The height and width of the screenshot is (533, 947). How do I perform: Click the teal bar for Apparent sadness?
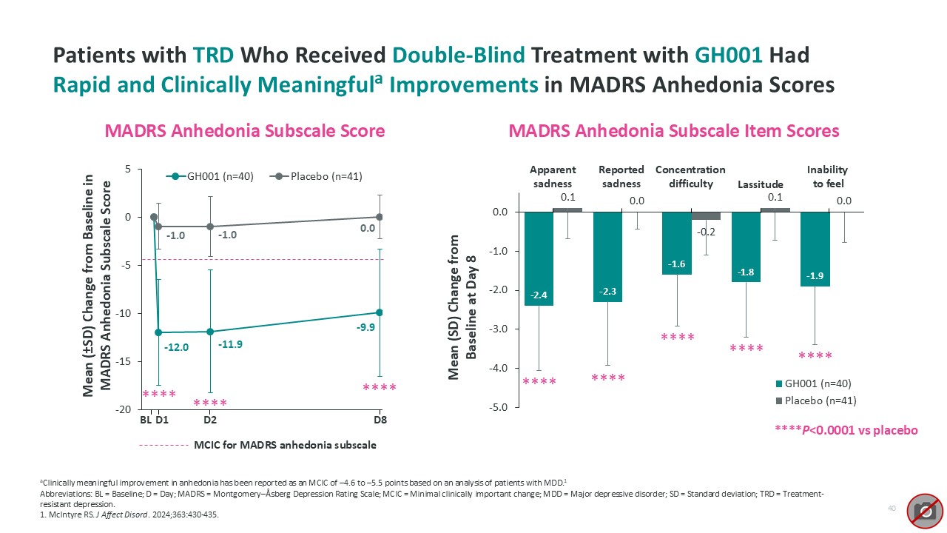coord(539,258)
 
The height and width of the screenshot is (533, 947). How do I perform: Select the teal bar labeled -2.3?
coord(607,256)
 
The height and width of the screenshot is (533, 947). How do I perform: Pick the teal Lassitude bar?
coord(746,247)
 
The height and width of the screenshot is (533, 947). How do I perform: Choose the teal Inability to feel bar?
coord(815,249)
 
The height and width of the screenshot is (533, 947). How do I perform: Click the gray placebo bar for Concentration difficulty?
coord(706,215)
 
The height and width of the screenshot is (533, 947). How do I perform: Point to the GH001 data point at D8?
coord(380,312)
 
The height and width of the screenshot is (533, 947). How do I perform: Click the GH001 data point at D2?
coord(210,332)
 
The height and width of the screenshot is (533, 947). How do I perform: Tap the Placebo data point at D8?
coord(380,217)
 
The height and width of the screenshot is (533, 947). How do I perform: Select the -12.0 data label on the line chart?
coord(176,347)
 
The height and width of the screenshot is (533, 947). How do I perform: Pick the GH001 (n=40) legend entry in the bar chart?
coord(813,383)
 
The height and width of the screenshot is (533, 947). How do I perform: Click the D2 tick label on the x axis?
coord(210,420)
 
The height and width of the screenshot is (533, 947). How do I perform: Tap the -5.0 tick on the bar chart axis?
coord(501,407)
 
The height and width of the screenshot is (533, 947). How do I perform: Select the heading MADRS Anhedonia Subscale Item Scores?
coord(674,131)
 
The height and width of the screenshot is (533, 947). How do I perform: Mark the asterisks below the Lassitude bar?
coord(746,348)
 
